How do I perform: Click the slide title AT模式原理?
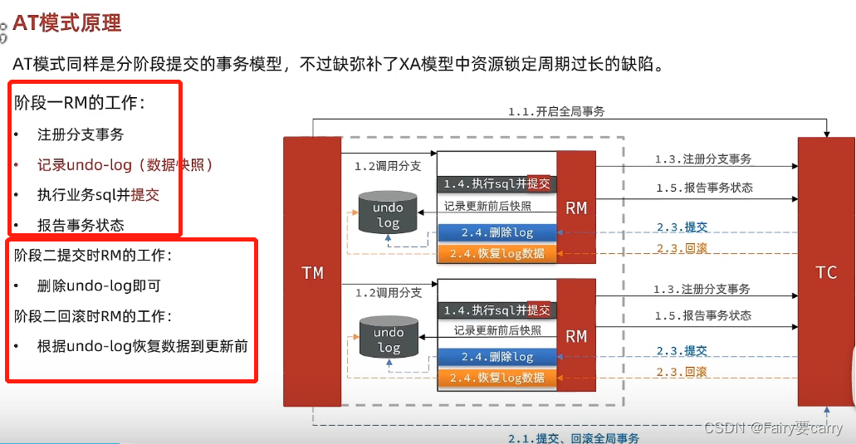(x=67, y=23)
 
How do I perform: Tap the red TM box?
(x=312, y=272)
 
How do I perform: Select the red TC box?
(x=826, y=272)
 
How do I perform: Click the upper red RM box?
(x=576, y=207)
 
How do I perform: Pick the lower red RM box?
(x=576, y=335)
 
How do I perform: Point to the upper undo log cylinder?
(x=388, y=214)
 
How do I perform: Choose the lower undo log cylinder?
(x=388, y=339)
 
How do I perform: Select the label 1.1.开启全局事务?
(x=556, y=110)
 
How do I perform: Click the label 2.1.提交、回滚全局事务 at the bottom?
(x=574, y=437)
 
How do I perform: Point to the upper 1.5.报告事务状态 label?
(x=702, y=188)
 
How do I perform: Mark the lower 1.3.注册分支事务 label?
(x=702, y=289)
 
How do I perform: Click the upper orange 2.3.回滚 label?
(x=682, y=249)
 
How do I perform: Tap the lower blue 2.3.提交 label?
(x=682, y=351)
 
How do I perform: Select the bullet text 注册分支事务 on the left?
(x=81, y=134)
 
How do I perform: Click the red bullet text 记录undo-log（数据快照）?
(x=125, y=165)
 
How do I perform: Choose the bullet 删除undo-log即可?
(x=99, y=285)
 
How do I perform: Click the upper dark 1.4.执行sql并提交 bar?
(x=496, y=183)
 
